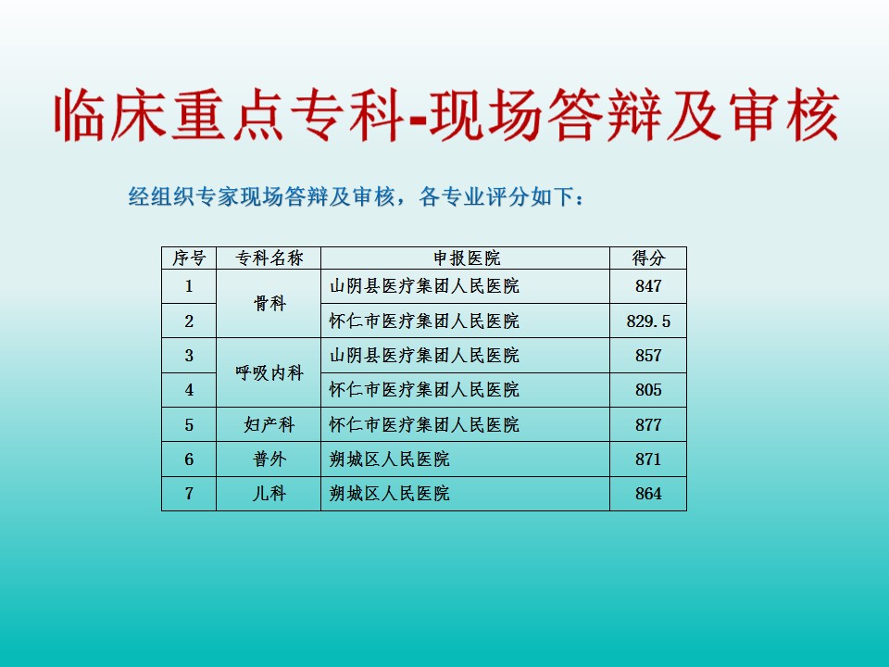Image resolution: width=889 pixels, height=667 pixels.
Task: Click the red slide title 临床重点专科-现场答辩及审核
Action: (x=446, y=115)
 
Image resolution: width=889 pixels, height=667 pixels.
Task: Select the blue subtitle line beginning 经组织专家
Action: (x=356, y=196)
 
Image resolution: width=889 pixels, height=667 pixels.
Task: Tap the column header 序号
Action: (x=189, y=258)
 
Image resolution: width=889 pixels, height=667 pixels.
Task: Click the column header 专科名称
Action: (x=269, y=258)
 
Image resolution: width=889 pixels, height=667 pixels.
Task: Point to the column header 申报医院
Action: (x=467, y=258)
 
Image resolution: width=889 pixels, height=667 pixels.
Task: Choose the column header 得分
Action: (x=648, y=258)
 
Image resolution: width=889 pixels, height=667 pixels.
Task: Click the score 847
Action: (x=648, y=286)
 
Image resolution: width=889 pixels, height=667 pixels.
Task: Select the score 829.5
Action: (x=648, y=321)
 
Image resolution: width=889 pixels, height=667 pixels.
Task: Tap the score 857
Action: (x=648, y=356)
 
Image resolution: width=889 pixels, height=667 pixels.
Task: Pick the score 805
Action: (x=648, y=390)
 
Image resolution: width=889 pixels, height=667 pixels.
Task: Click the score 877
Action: (x=648, y=425)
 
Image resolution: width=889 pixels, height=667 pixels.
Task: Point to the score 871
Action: (x=648, y=459)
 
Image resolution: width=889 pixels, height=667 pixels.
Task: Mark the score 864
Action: (x=648, y=494)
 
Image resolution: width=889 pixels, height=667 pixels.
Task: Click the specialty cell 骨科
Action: (x=269, y=304)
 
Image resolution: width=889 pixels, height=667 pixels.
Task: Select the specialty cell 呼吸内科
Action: (x=269, y=373)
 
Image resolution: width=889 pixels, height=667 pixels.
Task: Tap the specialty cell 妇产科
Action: (x=269, y=425)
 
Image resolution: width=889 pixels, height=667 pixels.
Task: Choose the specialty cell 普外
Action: (x=269, y=459)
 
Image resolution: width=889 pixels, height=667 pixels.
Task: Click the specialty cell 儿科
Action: (x=269, y=494)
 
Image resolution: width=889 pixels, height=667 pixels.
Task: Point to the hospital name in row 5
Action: (x=424, y=425)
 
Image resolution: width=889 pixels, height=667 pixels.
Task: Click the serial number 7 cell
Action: (x=189, y=494)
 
